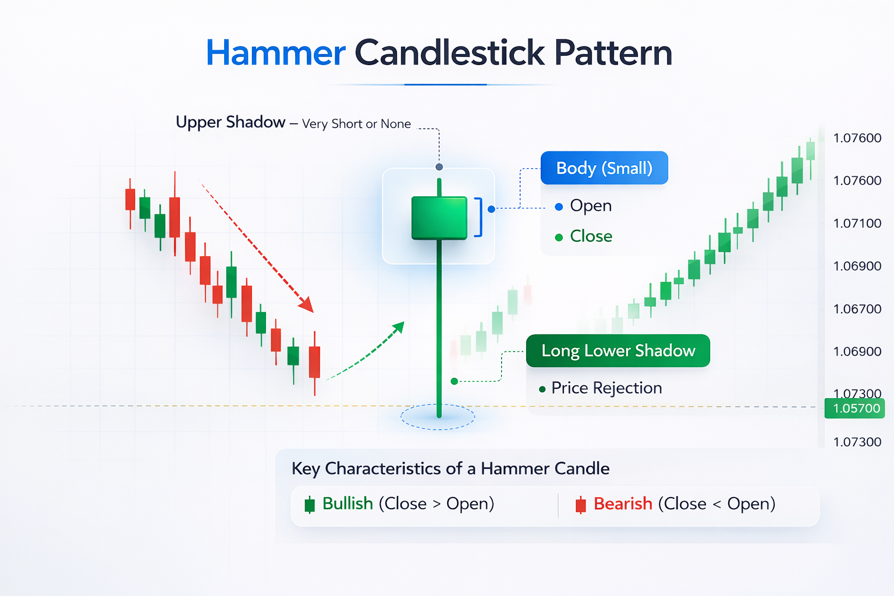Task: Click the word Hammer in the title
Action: coord(276,53)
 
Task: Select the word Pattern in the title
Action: coord(613,53)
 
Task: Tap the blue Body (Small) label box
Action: coord(604,168)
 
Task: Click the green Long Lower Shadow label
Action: coord(618,350)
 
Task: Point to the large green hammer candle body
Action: coord(439,218)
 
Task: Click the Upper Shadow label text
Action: coord(230,122)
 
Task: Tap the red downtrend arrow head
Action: coord(306,304)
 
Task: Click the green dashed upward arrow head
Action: coord(399,327)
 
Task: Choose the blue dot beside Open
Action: coord(559,207)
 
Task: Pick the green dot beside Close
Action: coord(559,237)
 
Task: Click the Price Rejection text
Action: coord(606,388)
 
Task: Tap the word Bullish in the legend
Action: coord(347,503)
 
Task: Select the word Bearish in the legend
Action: coord(623,503)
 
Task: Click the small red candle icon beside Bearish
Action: coord(580,505)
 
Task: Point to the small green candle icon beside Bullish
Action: coord(310,505)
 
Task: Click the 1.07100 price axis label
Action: coord(857,223)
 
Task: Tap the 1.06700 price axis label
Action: coord(857,309)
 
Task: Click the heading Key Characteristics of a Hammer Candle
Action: coord(450,469)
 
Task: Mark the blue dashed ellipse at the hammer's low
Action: coord(438,417)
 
